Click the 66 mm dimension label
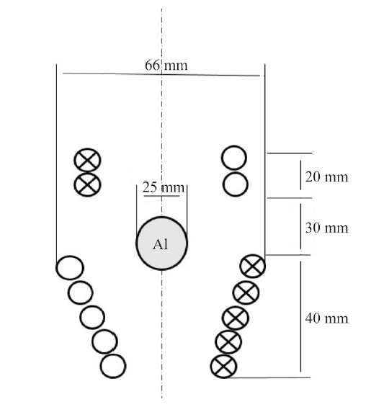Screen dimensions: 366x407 click(x=166, y=65)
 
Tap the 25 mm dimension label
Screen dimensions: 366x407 click(x=164, y=187)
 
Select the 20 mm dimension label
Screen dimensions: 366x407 click(x=326, y=177)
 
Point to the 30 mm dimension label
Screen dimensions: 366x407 click(x=326, y=228)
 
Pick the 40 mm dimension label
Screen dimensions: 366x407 click(x=326, y=318)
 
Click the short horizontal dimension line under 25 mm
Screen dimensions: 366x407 click(x=161, y=196)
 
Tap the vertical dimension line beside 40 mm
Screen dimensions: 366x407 click(x=301, y=316)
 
